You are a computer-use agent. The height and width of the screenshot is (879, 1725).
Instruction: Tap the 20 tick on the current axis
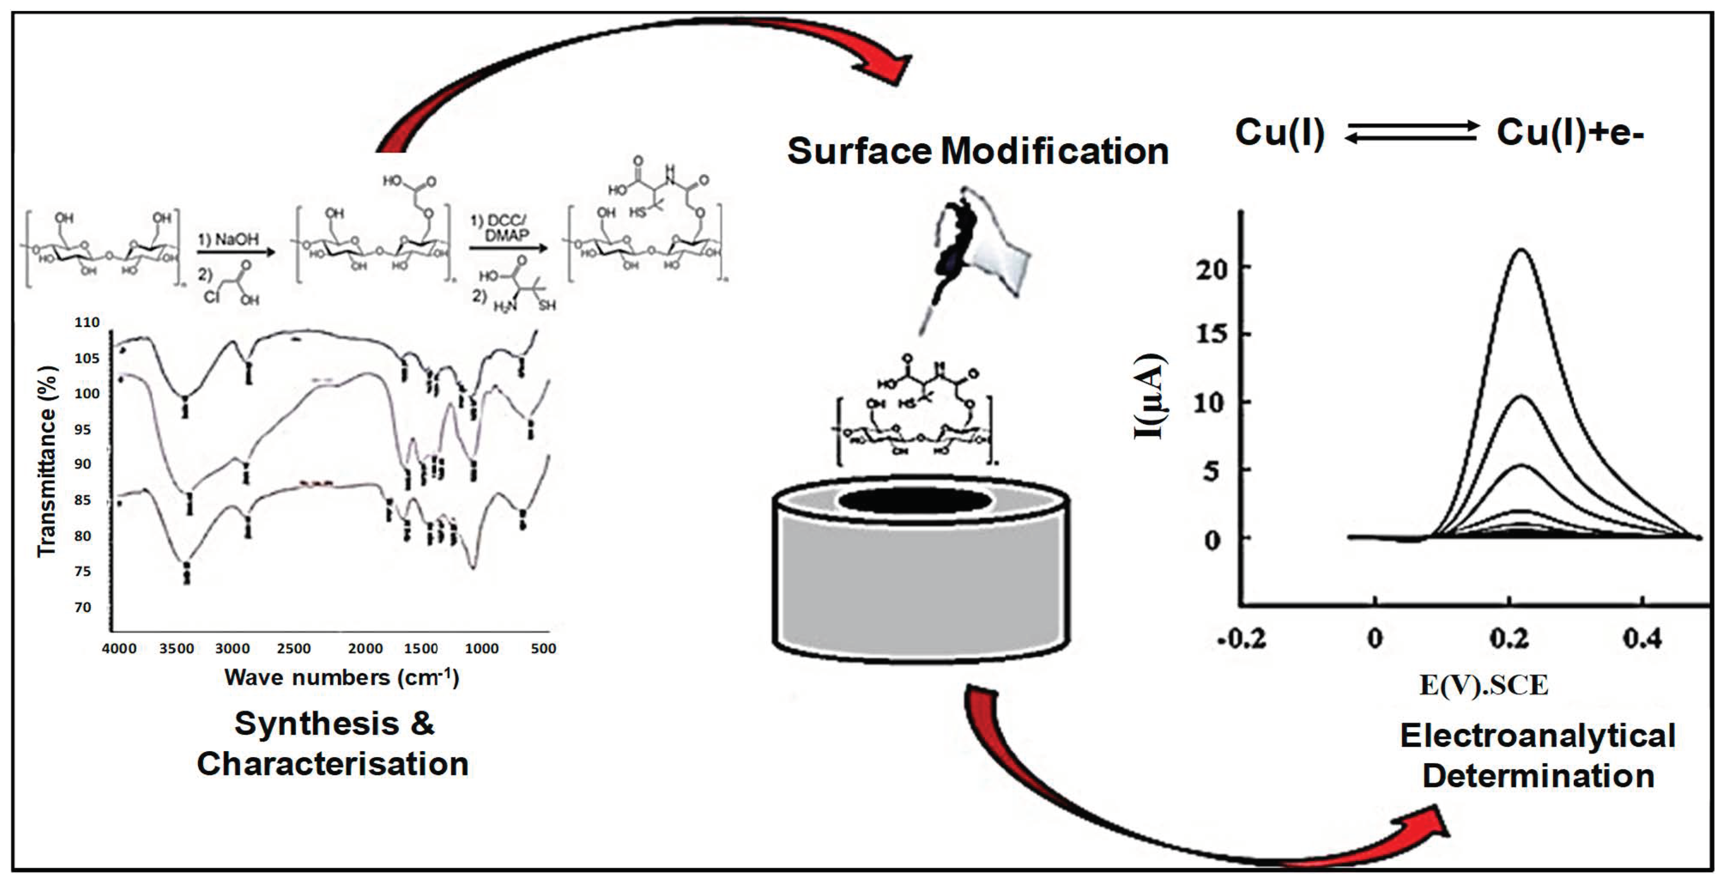(1211, 269)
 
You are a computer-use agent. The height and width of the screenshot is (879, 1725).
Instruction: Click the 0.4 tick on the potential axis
(1642, 638)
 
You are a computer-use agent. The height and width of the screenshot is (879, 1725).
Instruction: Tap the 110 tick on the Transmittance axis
(87, 322)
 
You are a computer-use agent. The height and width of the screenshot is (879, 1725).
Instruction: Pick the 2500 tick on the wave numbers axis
(293, 648)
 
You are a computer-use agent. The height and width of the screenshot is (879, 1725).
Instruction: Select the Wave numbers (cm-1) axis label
(341, 677)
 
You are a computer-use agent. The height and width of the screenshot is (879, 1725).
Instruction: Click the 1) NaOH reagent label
(228, 239)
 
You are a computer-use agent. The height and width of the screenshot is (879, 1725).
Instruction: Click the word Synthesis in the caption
(316, 724)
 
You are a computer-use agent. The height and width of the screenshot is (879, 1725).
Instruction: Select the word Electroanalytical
(1538, 736)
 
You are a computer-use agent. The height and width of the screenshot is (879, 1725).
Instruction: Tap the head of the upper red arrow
(884, 67)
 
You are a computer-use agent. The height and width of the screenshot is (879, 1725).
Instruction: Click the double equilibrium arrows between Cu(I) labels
(1411, 131)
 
